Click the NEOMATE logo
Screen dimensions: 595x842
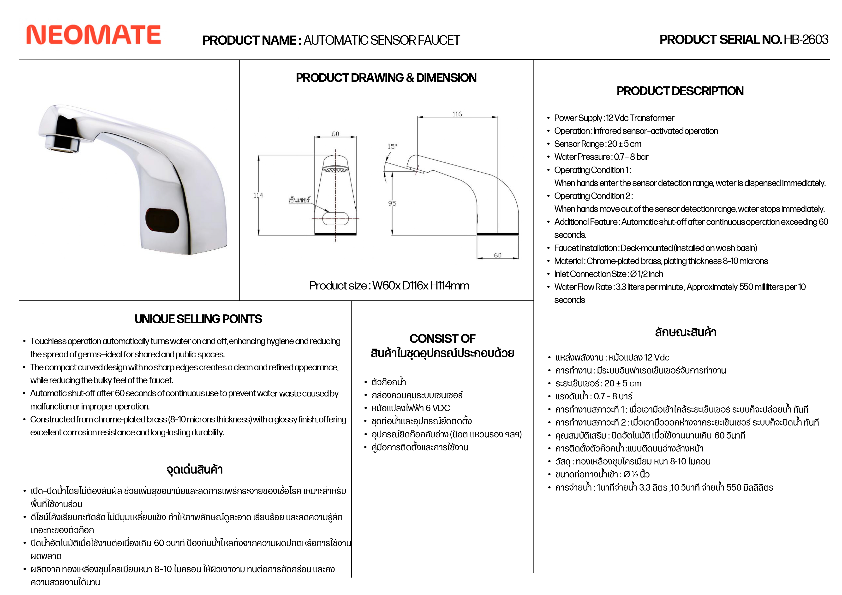click(94, 35)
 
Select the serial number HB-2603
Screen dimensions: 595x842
click(806, 40)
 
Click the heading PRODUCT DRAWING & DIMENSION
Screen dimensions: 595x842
click(386, 78)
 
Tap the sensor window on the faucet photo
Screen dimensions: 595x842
click(162, 220)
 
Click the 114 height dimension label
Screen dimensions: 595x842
click(258, 195)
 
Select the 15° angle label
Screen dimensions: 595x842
click(392, 146)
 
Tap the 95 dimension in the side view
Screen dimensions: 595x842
click(392, 203)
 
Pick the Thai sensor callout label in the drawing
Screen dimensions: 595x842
click(299, 200)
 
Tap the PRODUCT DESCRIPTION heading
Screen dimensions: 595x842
click(680, 91)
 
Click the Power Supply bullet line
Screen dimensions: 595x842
click(614, 118)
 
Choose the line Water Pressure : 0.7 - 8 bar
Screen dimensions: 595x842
click(601, 157)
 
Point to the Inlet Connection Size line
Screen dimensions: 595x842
click(608, 274)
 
